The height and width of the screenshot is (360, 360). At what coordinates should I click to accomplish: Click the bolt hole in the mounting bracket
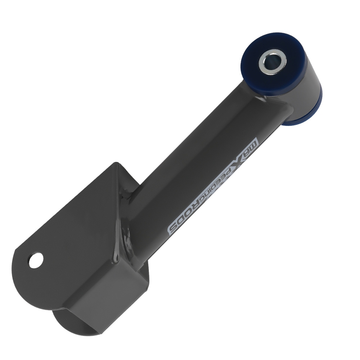[x=36, y=260]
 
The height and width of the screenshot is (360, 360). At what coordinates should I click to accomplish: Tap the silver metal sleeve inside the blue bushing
[x=273, y=62]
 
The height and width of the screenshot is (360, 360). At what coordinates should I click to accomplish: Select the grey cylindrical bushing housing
[x=298, y=92]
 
